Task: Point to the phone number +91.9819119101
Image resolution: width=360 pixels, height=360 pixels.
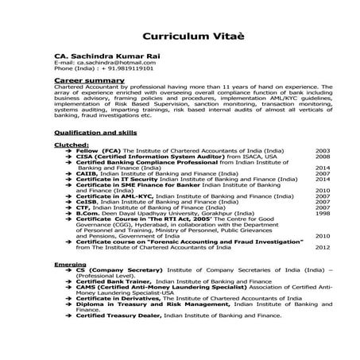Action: click(x=127, y=68)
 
